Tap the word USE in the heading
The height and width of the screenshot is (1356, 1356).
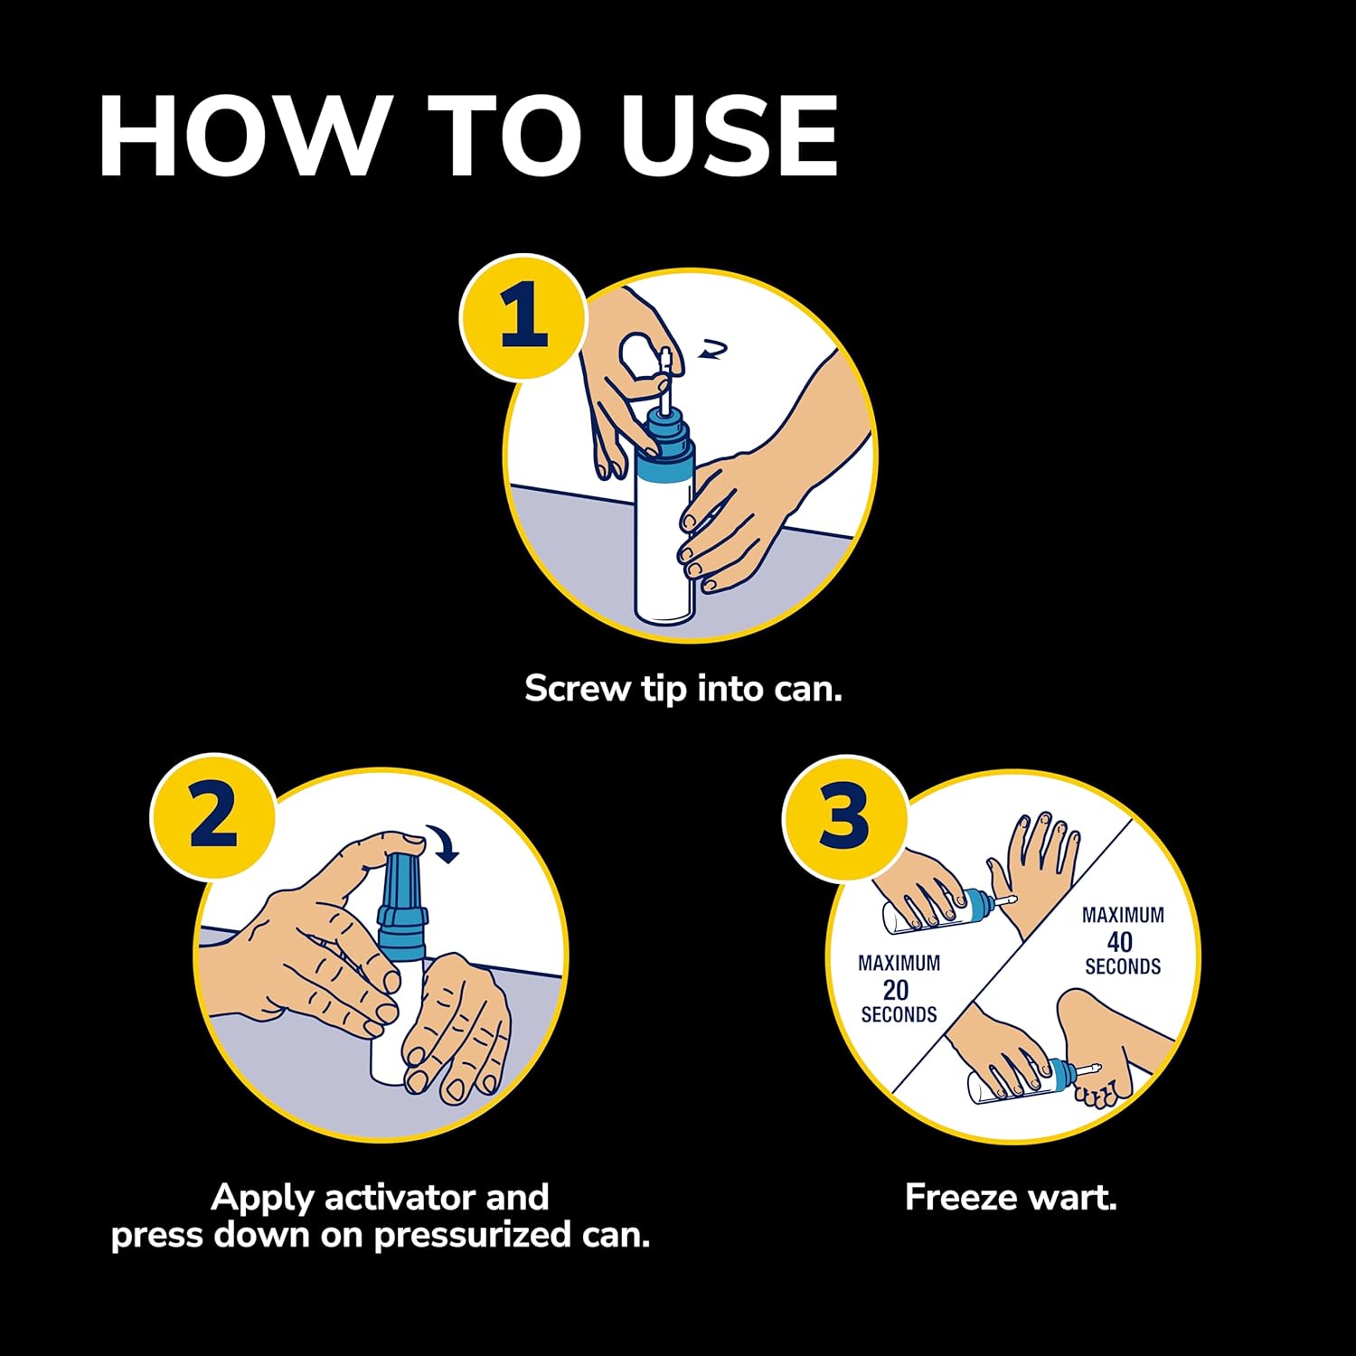[730, 136]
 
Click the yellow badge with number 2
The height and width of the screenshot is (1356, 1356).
[213, 816]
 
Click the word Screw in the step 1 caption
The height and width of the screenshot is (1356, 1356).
[578, 689]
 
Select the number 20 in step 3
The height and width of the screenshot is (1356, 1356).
[896, 990]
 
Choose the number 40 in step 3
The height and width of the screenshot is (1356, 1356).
[1120, 942]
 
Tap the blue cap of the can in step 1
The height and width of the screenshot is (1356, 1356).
[667, 440]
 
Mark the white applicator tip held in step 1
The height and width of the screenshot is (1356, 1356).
[663, 380]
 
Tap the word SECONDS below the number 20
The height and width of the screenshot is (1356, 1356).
[899, 1015]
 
